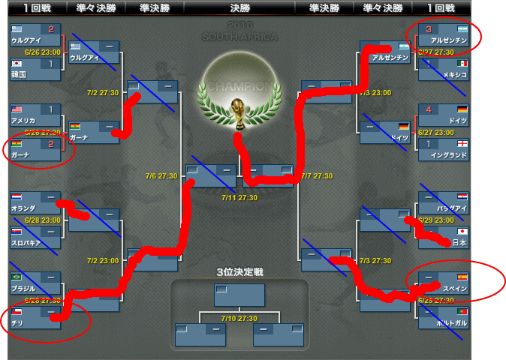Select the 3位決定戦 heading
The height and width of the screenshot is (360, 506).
pyautogui.click(x=239, y=271)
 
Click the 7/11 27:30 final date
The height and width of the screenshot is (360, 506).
pyautogui.click(x=239, y=198)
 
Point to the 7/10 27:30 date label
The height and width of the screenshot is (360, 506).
pyautogui.click(x=239, y=318)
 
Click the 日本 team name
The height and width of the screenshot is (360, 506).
pyautogui.click(x=459, y=243)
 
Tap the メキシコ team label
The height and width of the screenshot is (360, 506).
pyautogui.click(x=453, y=75)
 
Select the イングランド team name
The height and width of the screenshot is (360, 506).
pyautogui.click(x=448, y=155)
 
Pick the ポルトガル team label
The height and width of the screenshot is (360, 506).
pyautogui.click(x=450, y=322)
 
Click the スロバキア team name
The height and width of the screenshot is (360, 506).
pyautogui.click(x=29, y=243)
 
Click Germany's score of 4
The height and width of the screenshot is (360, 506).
pyautogui.click(x=429, y=109)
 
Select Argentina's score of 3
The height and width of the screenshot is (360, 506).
pyautogui.click(x=429, y=29)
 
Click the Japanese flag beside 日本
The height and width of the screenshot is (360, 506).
pyautogui.click(x=462, y=232)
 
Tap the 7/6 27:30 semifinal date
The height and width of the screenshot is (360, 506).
pyautogui.click(x=161, y=176)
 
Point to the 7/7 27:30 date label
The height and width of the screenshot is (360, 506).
pyautogui.click(x=316, y=176)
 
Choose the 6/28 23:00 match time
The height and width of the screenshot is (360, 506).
pyautogui.click(x=42, y=220)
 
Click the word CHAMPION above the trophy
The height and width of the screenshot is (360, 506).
pyautogui.click(x=238, y=86)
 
